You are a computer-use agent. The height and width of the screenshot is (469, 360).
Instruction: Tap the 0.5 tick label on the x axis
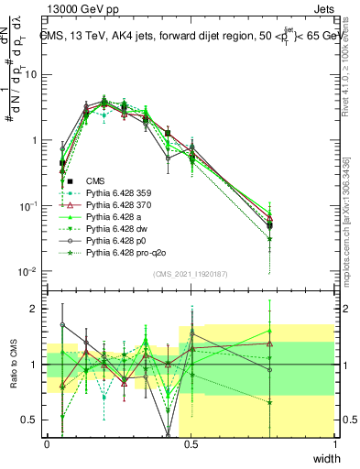(x=191, y=443)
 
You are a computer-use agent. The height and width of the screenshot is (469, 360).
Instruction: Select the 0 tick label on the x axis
(x=47, y=443)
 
